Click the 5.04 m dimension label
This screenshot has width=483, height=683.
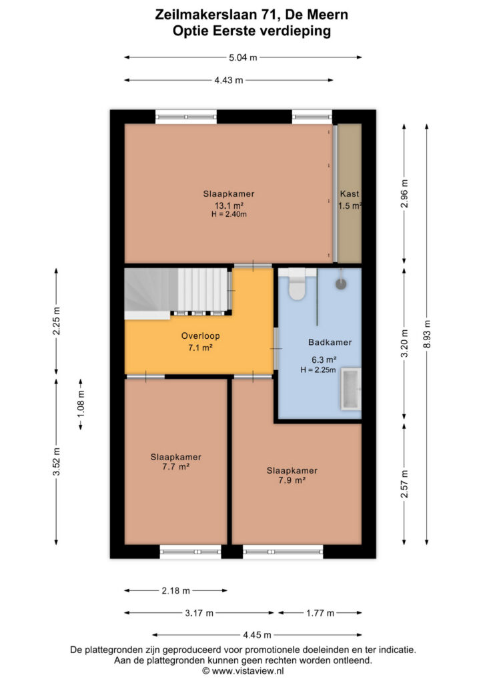243,57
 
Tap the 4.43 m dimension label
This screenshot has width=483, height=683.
229,80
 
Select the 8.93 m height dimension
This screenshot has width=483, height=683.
427,334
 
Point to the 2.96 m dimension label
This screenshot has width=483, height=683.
404,194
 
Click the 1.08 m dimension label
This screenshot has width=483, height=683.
81,404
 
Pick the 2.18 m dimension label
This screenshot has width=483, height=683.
176,591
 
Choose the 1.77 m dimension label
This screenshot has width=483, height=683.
320,614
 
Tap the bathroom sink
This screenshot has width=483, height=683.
351,390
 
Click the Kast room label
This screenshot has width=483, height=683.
350,194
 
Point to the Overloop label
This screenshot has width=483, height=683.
200,336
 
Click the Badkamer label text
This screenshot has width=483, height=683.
330,342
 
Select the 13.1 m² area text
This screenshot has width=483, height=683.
229,205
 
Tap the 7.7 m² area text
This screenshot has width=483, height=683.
175,466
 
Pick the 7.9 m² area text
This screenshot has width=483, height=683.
292,480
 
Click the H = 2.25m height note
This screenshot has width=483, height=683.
318,370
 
